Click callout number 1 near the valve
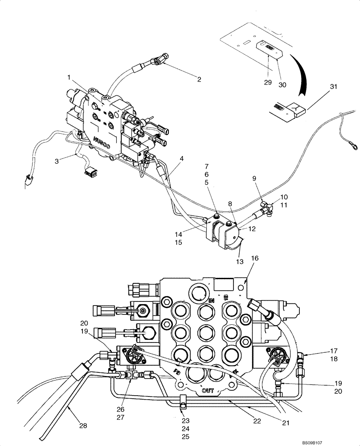point(69,77)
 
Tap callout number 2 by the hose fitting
point(199,80)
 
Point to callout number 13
point(240,262)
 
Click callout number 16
point(254,258)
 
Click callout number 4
point(182,158)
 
